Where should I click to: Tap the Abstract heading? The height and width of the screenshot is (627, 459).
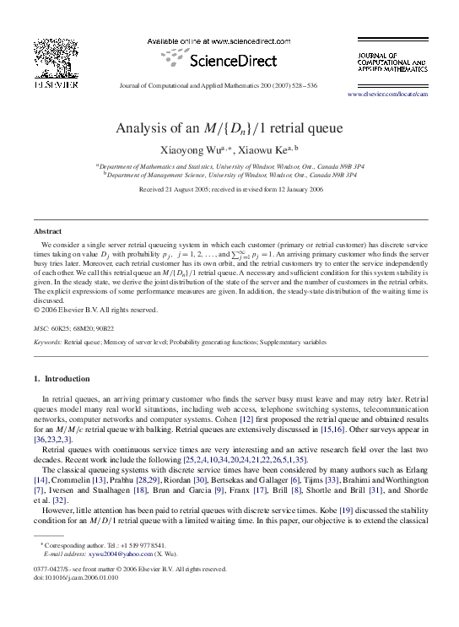pyautogui.click(x=47, y=230)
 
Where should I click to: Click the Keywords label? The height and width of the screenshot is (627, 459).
pyautogui.click(x=47, y=343)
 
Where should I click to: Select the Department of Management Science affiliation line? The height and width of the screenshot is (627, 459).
pyautogui.click(x=229, y=175)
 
